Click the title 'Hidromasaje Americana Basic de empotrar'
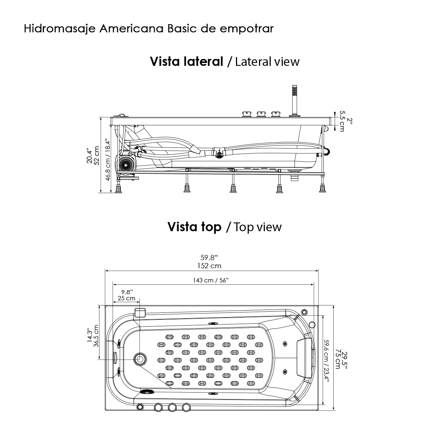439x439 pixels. (x=149, y=29)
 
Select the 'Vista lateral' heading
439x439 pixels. (x=187, y=61)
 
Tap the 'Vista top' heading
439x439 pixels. (x=194, y=227)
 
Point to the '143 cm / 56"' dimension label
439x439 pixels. (x=210, y=280)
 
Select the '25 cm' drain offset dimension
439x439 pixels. (x=127, y=299)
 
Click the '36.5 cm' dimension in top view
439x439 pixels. (x=97, y=337)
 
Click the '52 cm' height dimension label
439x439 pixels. (x=97, y=155)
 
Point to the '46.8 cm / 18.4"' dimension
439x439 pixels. (x=107, y=160)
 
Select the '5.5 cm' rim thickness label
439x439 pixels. (x=342, y=121)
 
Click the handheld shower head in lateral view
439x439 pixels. (x=293, y=91)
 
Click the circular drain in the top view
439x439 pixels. (x=140, y=359)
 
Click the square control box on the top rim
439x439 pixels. (x=140, y=312)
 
